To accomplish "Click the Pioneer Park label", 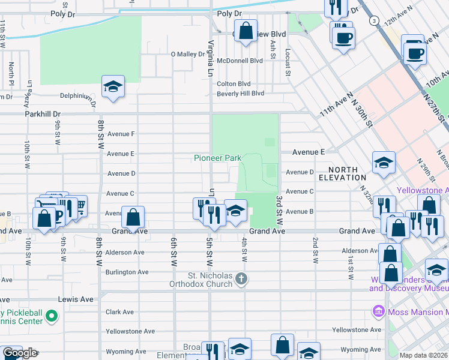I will tap(217, 158).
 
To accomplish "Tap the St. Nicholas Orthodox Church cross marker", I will tap(241, 278).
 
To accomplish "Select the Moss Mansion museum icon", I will tap(378, 312).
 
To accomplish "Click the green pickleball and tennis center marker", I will tap(52, 315).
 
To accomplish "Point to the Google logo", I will tap(19, 353).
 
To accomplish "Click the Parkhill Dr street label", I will tap(43, 113).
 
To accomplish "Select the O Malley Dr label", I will tap(188, 54).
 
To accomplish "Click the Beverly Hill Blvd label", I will tap(240, 94).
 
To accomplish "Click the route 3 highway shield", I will tap(374, 20).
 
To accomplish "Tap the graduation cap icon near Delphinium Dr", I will tap(113, 86).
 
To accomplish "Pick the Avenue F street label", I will tap(121, 134).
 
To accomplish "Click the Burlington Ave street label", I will tap(127, 272).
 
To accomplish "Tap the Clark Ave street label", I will tap(119, 312).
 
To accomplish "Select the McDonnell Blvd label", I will tap(240, 61).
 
